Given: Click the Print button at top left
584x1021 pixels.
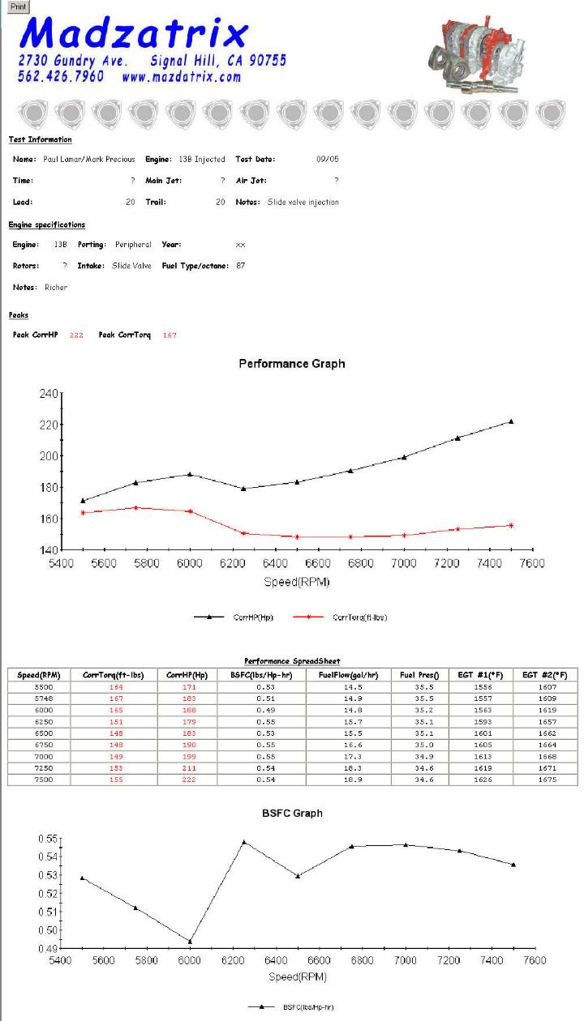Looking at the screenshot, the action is (18, 6).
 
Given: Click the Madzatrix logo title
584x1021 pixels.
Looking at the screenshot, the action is (134, 32).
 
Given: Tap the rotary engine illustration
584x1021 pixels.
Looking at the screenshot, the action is (476, 55).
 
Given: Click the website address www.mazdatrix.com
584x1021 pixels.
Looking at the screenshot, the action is (181, 76).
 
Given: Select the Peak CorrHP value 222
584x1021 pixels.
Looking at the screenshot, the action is (76, 335).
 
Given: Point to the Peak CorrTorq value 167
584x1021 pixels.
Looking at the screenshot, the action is (170, 335).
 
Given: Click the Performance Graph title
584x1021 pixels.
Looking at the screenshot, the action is (292, 363).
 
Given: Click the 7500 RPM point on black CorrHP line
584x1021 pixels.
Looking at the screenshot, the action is (511, 421).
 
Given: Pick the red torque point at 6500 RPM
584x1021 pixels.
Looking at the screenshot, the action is (297, 537).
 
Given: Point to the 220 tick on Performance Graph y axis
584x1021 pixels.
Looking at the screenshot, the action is (49, 425).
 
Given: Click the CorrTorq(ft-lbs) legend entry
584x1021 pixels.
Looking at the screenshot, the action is (340, 617).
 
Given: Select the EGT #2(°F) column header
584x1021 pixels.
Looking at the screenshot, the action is (545, 675).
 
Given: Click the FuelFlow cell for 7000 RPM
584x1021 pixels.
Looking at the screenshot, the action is (353, 756).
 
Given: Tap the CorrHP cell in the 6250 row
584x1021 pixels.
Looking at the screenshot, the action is (189, 721).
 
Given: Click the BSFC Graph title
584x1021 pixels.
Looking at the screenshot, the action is (292, 814).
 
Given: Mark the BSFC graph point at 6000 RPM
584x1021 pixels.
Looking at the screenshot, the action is (190, 942).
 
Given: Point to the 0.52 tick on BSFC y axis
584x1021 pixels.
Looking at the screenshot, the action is (47, 893).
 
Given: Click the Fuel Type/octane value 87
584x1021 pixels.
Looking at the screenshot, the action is (240, 265).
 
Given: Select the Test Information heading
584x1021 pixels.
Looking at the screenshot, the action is (41, 139).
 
